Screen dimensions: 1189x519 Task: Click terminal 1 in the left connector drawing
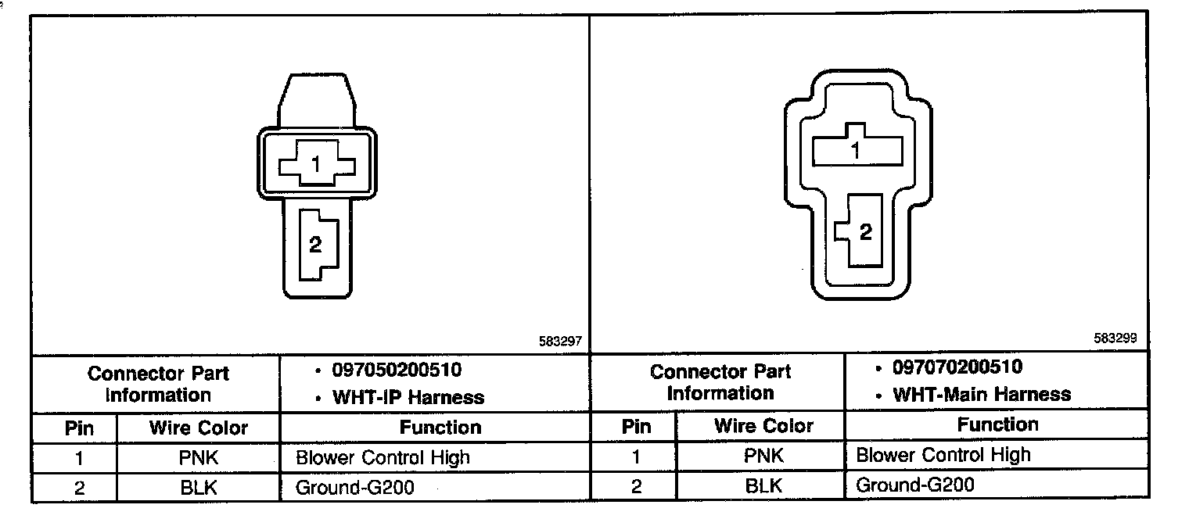[x=317, y=164]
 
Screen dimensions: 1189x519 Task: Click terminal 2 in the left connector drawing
[x=316, y=245]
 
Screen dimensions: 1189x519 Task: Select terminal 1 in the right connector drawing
[x=856, y=149]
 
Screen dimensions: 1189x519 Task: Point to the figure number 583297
[x=560, y=342]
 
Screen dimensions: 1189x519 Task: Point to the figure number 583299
[x=1115, y=338]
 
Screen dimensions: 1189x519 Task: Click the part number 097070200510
[x=957, y=367]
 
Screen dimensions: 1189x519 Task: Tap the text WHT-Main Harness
[x=982, y=395]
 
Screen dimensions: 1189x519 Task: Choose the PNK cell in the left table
[x=198, y=457]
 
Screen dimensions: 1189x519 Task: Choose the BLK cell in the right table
[x=764, y=486]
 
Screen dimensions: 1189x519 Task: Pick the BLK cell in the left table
[x=198, y=488]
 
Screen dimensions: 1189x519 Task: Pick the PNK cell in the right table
[x=764, y=456]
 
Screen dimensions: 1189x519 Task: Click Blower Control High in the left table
[x=383, y=457]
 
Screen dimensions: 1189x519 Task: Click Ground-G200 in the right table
[x=915, y=485]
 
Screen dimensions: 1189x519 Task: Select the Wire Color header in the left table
[x=198, y=428]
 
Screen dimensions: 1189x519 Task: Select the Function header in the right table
[x=998, y=425]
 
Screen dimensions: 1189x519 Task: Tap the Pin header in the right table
[x=636, y=427]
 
